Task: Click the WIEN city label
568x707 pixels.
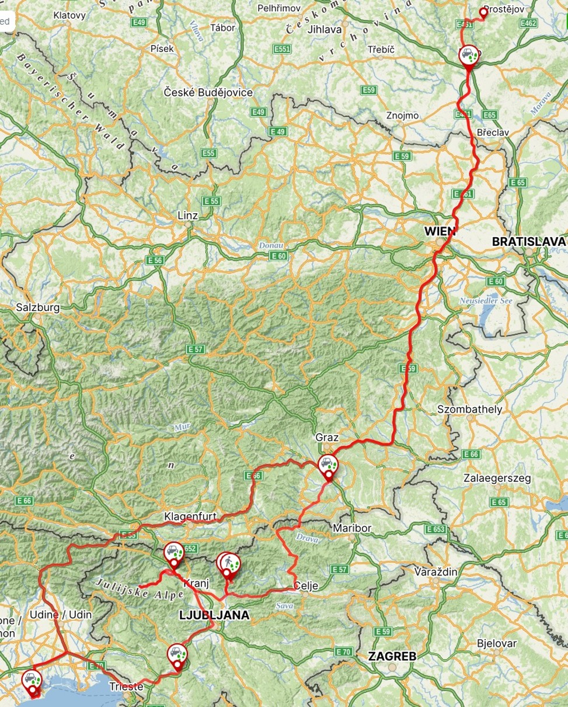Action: click(440, 231)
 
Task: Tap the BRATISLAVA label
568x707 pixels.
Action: click(528, 241)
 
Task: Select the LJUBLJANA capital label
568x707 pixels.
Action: click(214, 615)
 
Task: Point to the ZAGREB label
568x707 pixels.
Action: click(392, 656)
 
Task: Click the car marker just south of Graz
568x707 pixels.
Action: click(328, 466)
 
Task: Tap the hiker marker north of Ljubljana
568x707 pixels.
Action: click(231, 564)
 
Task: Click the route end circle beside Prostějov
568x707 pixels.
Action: click(483, 11)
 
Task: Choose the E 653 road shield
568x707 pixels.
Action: click(436, 529)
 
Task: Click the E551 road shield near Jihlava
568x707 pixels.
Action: click(282, 49)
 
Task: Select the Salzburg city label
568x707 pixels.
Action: click(37, 307)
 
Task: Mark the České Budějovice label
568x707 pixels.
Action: click(208, 93)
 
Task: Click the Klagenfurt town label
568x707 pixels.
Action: click(190, 517)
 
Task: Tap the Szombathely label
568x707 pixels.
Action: click(469, 409)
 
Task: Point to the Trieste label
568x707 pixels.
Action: click(126, 687)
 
